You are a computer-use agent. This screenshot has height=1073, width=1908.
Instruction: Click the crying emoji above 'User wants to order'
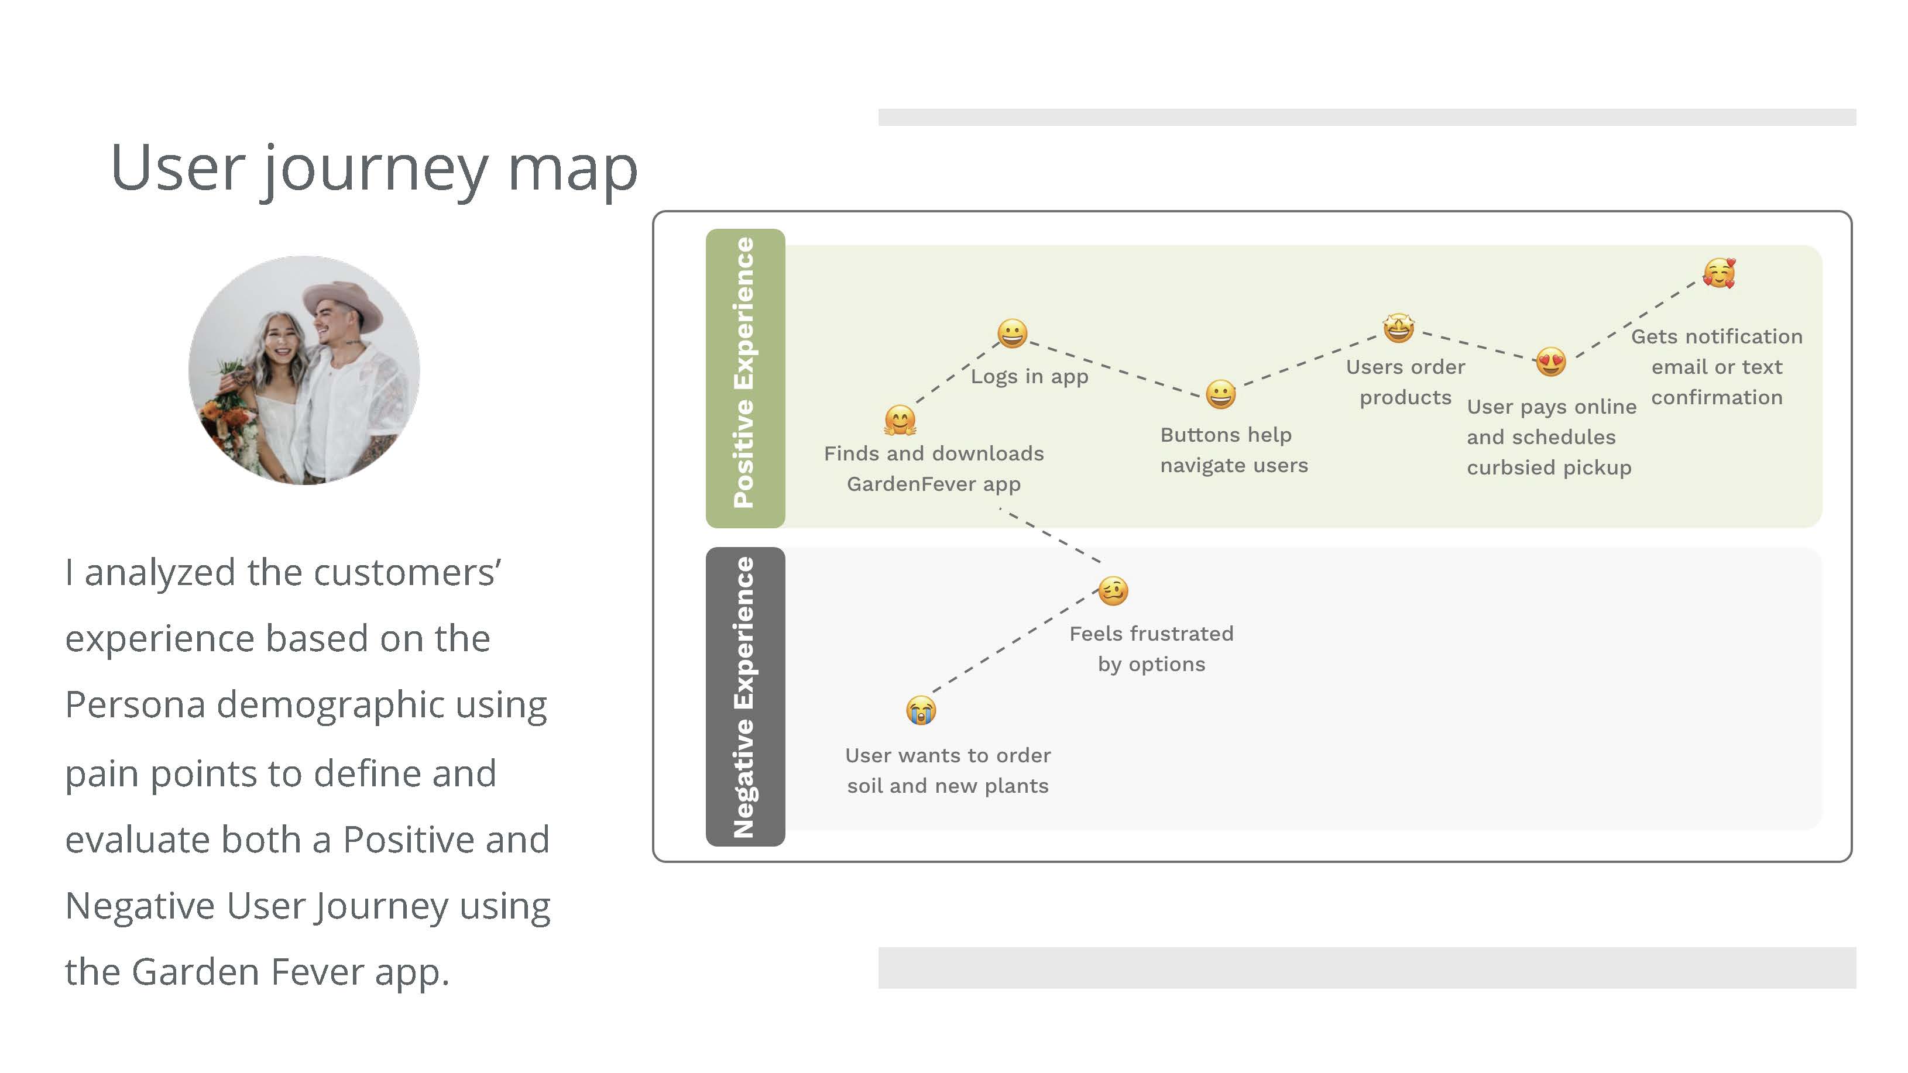[x=921, y=710]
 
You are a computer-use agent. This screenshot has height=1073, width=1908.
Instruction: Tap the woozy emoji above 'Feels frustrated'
[x=1113, y=591]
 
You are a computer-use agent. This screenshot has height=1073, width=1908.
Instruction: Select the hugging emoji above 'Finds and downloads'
[x=900, y=420]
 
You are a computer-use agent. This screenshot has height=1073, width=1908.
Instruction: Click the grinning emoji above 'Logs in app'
[x=1012, y=333]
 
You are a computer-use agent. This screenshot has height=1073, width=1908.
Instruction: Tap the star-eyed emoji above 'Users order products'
[x=1398, y=327]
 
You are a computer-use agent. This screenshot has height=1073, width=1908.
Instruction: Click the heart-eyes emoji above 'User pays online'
[x=1551, y=362]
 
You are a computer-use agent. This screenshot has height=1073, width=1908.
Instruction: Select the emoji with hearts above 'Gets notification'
[x=1719, y=273]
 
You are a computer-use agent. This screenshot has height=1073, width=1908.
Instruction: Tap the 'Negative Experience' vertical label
[x=744, y=696]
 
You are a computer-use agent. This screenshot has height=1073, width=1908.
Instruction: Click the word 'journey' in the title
[x=376, y=169]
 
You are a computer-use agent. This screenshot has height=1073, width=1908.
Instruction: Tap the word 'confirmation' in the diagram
[x=1716, y=398]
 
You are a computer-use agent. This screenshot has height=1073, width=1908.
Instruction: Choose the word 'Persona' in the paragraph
[x=134, y=705]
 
